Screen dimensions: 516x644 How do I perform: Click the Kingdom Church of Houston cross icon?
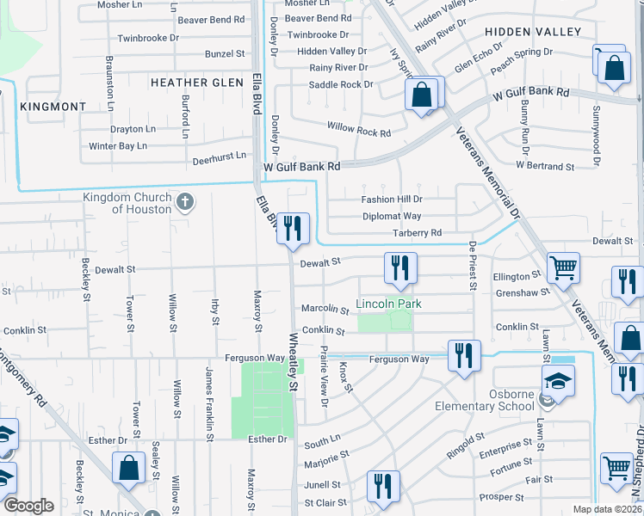click(x=183, y=203)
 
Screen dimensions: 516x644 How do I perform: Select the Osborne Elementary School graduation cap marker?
click(x=558, y=379)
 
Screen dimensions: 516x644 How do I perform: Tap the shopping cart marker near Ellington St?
click(x=563, y=267)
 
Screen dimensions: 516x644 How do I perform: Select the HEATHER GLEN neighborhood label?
click(x=191, y=83)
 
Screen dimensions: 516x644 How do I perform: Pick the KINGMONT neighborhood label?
click(x=53, y=107)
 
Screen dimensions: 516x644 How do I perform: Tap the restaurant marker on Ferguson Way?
click(x=464, y=355)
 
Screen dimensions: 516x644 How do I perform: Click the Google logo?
click(x=28, y=506)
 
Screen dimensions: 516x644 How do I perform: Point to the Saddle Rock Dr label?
click(x=341, y=85)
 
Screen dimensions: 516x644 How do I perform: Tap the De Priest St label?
click(x=472, y=266)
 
